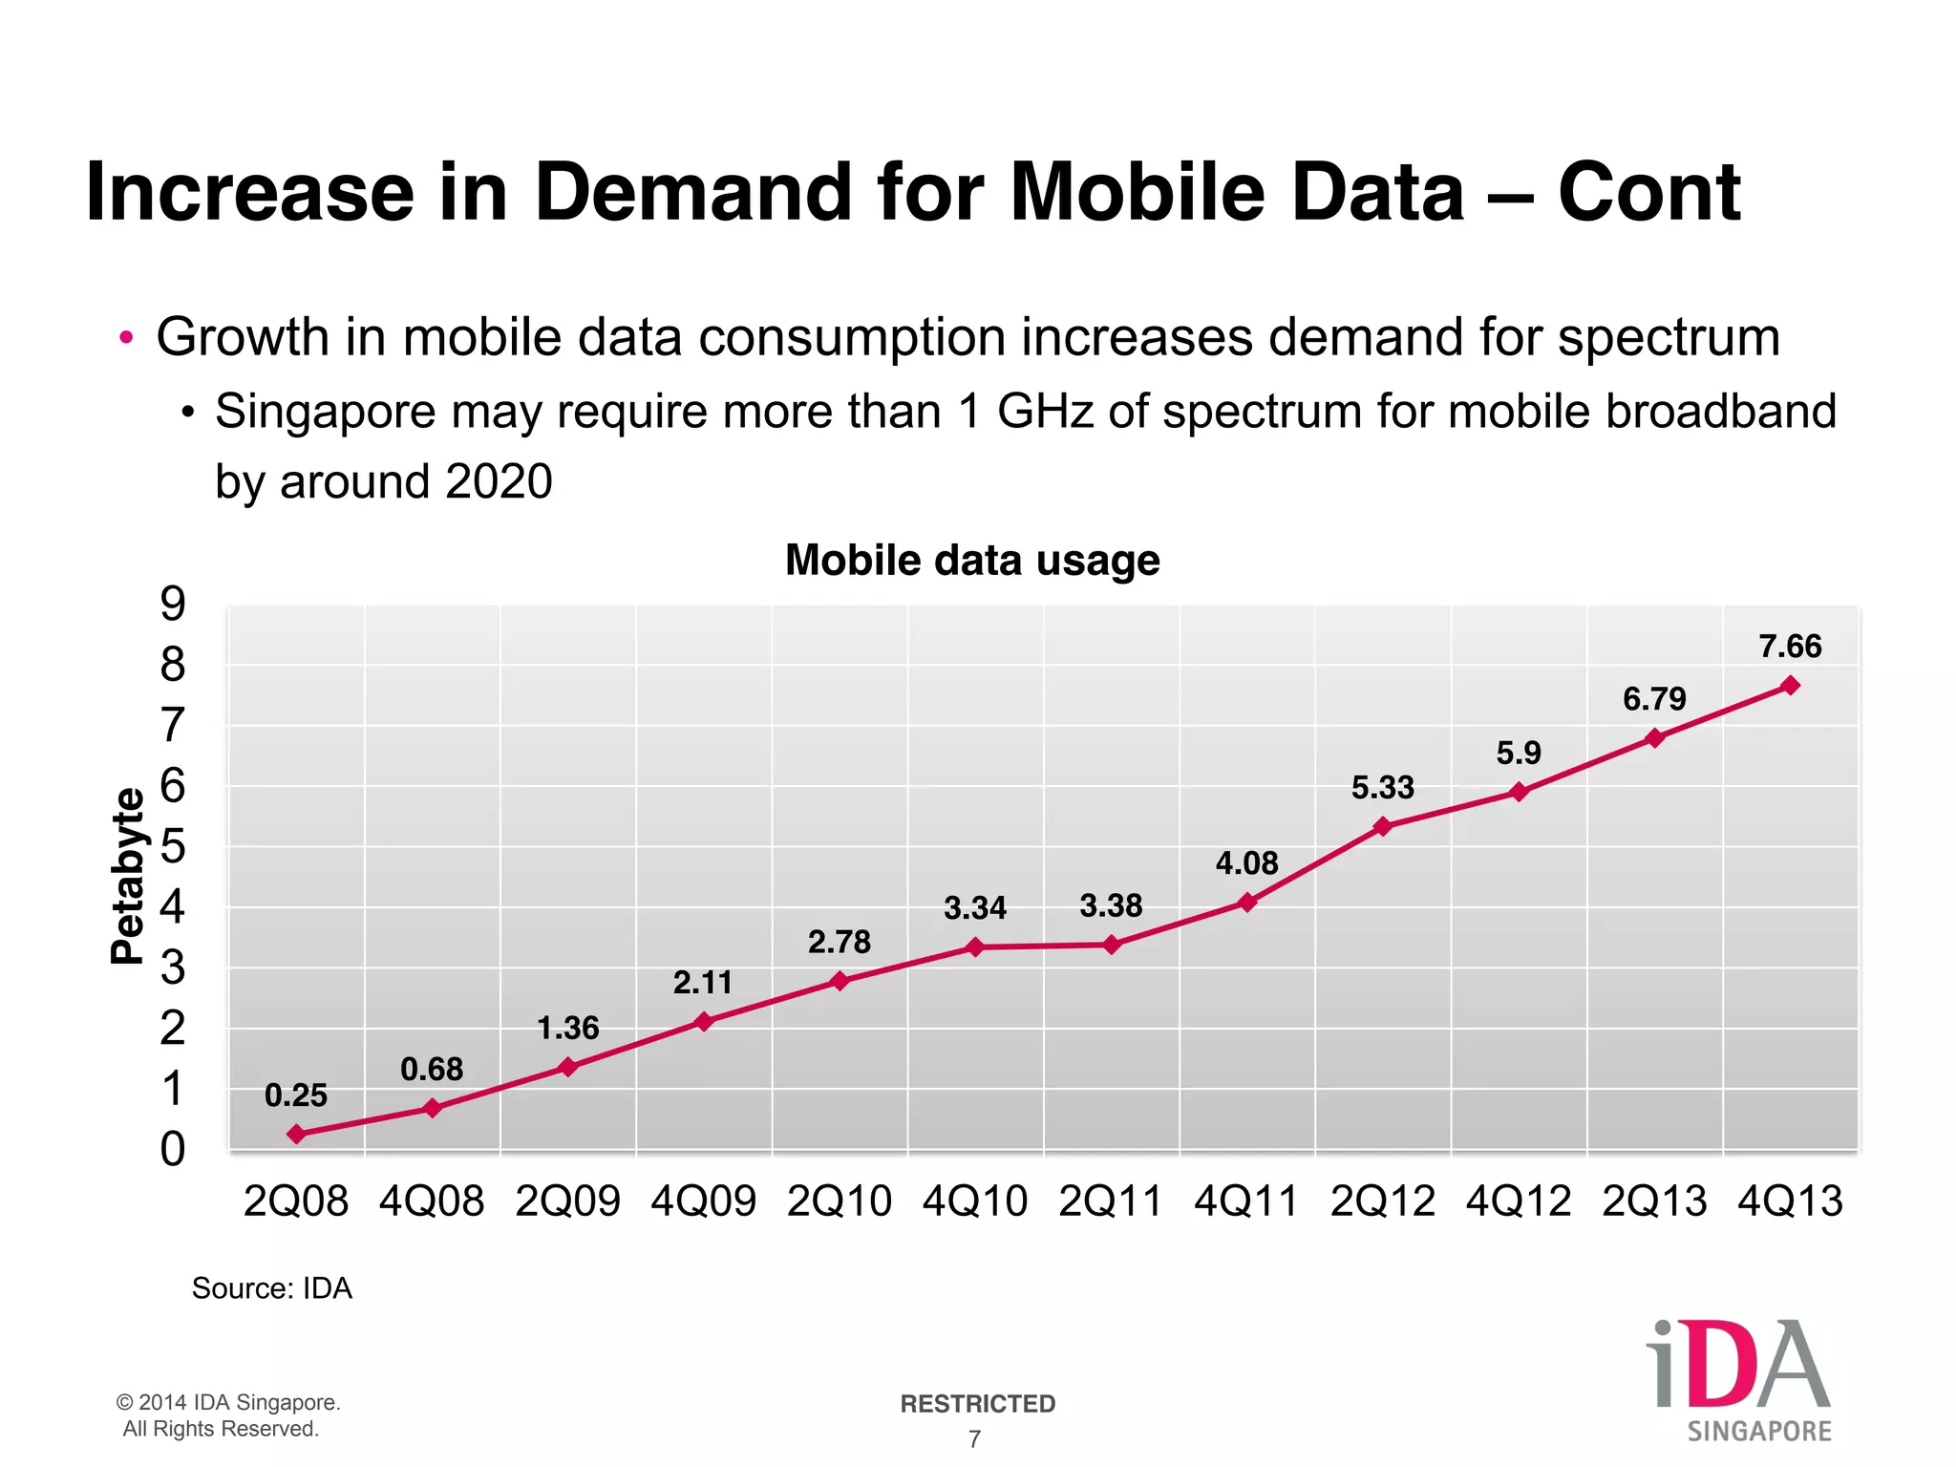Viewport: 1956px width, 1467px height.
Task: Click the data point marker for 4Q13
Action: click(x=1791, y=686)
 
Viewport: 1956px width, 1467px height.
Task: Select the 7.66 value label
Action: click(x=1790, y=647)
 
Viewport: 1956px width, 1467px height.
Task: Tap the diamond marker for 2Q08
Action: click(x=296, y=1135)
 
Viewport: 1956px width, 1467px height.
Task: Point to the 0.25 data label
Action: click(x=296, y=1095)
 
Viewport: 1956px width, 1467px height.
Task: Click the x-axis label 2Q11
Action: click(x=1110, y=1201)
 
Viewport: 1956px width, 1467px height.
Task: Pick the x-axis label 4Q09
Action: click(x=703, y=1201)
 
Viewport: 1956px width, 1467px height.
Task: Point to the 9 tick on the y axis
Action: click(x=173, y=605)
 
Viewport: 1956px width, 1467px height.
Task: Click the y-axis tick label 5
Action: click(x=173, y=847)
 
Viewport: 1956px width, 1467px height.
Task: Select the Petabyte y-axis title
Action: click(x=127, y=876)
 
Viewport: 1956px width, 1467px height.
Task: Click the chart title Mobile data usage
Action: click(x=972, y=561)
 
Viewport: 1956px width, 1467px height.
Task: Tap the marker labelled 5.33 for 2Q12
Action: click(x=1382, y=827)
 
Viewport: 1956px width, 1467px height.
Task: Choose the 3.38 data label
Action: click(x=1111, y=905)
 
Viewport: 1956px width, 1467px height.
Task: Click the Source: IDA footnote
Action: click(x=272, y=1288)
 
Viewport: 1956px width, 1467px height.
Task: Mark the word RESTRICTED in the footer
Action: click(x=977, y=1404)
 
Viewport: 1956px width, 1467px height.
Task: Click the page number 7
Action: click(x=974, y=1439)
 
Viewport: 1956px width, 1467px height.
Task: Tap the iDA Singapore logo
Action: click(x=1738, y=1379)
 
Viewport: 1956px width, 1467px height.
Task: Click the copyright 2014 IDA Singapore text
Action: click(x=228, y=1403)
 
